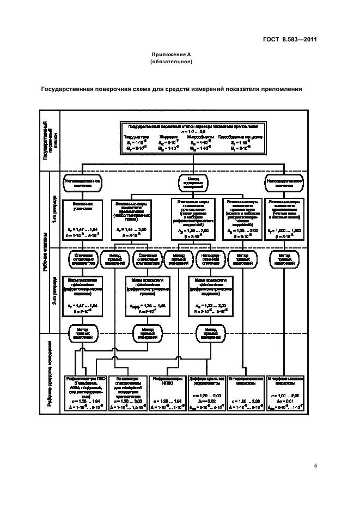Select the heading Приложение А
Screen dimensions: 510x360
(172, 56)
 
